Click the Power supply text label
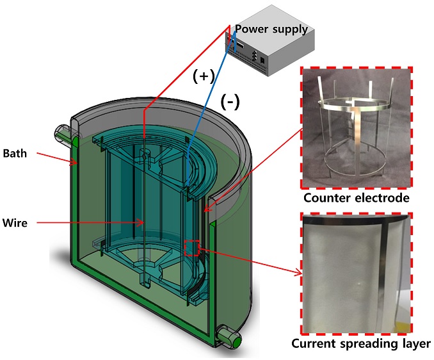[x=271, y=29]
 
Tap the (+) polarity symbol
[x=203, y=76]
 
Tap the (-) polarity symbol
[x=230, y=101]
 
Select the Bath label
[x=15, y=153]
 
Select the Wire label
[x=15, y=222]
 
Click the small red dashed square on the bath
[x=193, y=247]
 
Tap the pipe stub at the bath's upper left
[x=65, y=134]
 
